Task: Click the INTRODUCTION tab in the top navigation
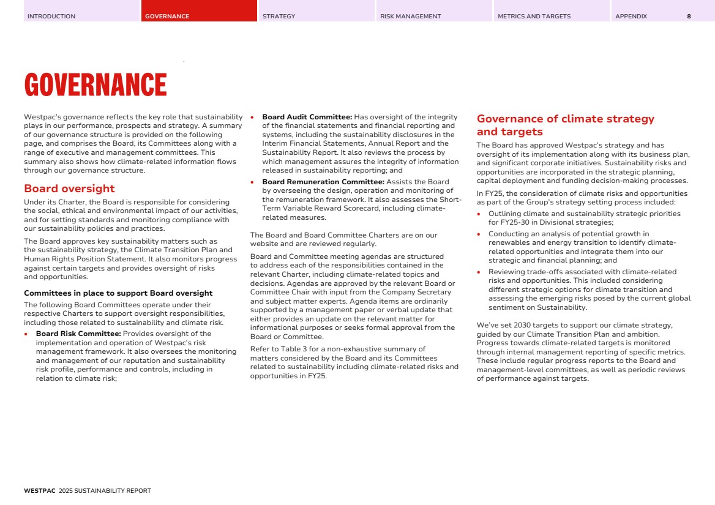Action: (x=51, y=17)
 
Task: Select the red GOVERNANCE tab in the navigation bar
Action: (x=167, y=17)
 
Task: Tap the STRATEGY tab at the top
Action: (x=279, y=17)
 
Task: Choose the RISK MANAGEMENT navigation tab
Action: (x=410, y=17)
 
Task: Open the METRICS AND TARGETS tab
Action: (x=534, y=17)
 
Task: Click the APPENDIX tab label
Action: (x=631, y=17)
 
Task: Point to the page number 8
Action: (x=689, y=17)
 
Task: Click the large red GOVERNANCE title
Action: (x=95, y=85)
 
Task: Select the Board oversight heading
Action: (x=69, y=189)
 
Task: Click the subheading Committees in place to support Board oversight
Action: (x=118, y=293)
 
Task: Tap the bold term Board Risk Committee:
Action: (x=79, y=334)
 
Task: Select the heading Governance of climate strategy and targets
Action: (x=565, y=125)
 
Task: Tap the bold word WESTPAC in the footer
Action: (x=40, y=491)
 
